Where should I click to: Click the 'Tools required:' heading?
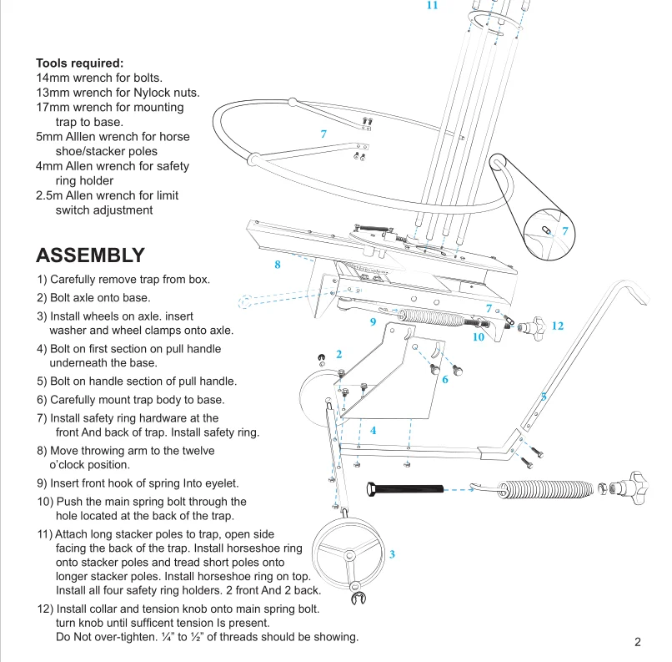(79, 63)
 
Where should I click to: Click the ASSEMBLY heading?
(90, 255)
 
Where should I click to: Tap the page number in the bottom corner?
(637, 642)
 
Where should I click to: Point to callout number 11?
(432, 5)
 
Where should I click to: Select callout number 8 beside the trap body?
(278, 265)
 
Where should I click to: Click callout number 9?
(373, 321)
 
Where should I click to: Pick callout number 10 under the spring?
(478, 337)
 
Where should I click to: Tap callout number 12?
(558, 326)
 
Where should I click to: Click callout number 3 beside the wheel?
(392, 554)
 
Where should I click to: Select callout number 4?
(373, 431)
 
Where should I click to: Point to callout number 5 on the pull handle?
(544, 397)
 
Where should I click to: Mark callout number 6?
(445, 380)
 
